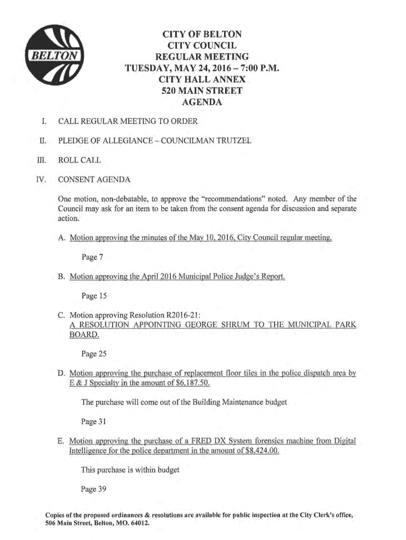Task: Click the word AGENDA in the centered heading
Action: click(202, 103)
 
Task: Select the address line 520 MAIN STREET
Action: click(202, 91)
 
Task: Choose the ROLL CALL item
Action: click(80, 160)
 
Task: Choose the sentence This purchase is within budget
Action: click(130, 470)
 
